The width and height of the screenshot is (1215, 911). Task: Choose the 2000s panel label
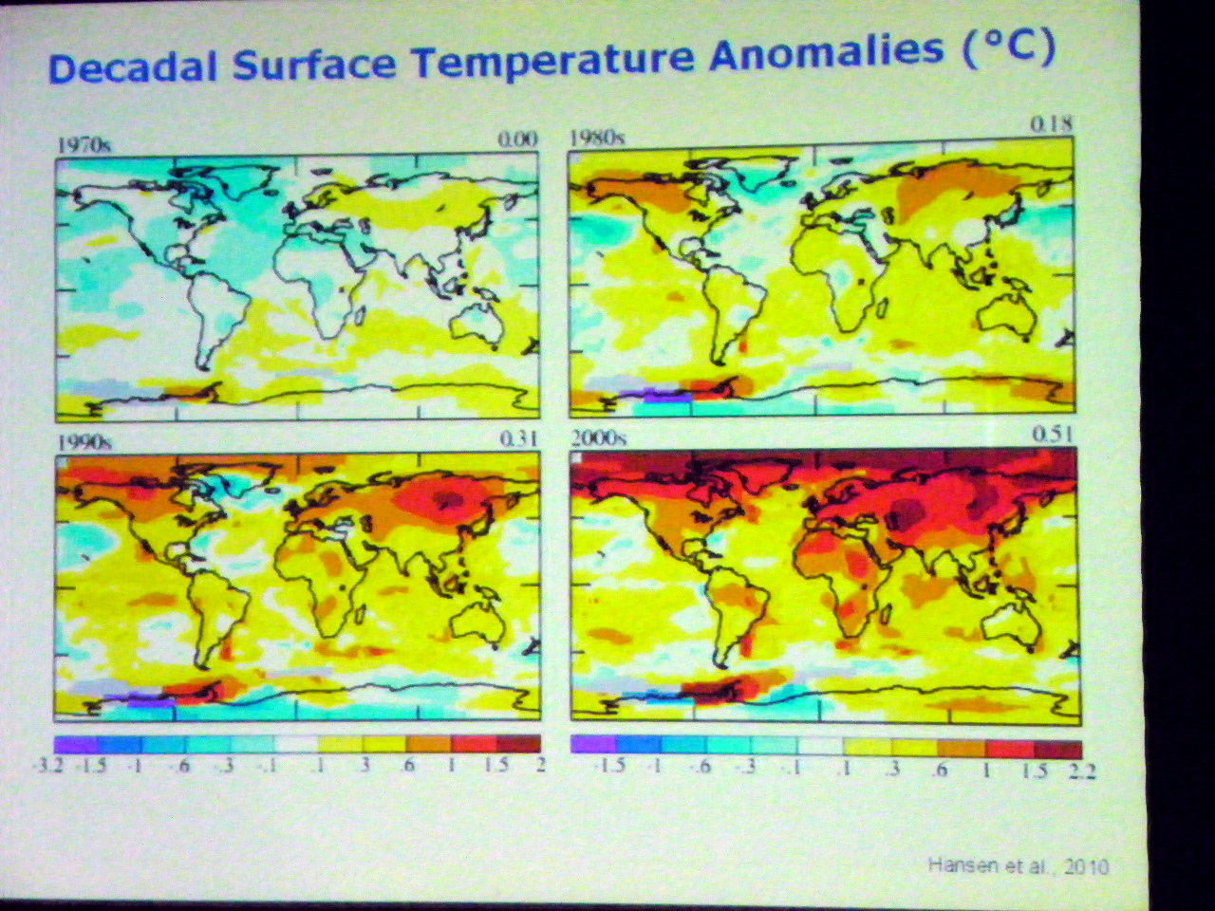click(599, 437)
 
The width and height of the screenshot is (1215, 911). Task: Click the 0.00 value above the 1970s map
click(517, 139)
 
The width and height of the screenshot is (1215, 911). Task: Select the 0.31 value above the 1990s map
click(517, 438)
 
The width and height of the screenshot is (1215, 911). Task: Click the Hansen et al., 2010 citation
click(1018, 865)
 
